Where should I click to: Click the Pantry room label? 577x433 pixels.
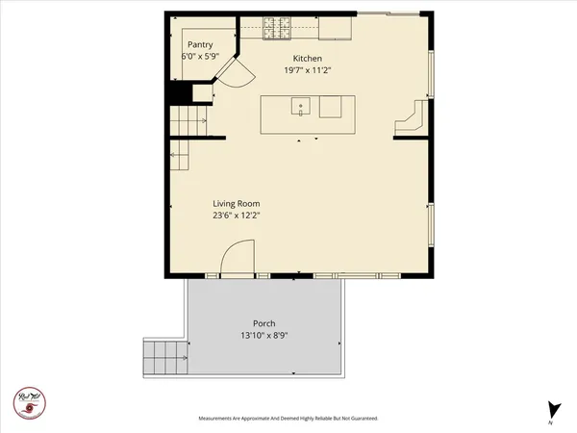(x=200, y=44)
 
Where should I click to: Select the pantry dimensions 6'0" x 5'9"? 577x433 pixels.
(x=200, y=57)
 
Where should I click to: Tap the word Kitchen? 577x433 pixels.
(x=307, y=58)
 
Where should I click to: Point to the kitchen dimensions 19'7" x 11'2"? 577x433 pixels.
(x=307, y=70)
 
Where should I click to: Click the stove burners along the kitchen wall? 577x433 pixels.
(x=278, y=28)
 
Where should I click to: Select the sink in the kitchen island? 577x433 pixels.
(x=300, y=107)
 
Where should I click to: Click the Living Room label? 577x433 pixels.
(x=236, y=204)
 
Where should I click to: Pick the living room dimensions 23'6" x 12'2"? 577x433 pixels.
(x=236, y=216)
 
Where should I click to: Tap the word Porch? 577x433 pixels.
(x=264, y=323)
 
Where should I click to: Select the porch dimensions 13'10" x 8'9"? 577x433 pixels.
(x=264, y=336)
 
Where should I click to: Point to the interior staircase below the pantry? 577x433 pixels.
(x=190, y=122)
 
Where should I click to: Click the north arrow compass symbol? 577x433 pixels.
(x=551, y=408)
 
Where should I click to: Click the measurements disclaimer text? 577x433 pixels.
(x=288, y=419)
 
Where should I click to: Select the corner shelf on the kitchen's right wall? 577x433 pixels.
(x=411, y=117)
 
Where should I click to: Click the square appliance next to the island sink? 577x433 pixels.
(x=331, y=106)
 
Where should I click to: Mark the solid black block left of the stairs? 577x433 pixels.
(x=178, y=92)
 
